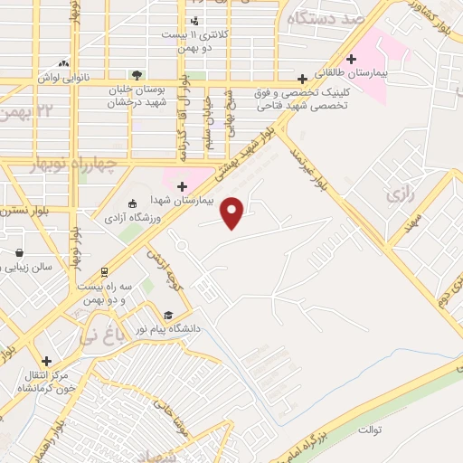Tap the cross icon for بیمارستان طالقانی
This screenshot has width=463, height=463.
coord(350,59)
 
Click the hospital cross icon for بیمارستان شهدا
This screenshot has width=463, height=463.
coord(182,186)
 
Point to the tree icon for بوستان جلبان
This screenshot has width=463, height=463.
coord(136,74)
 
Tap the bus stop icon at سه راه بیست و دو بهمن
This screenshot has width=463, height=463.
coord(104,271)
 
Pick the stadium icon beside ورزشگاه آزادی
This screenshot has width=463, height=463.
coord(132,203)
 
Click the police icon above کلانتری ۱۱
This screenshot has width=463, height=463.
coord(194,20)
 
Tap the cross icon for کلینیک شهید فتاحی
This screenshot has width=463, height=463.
coord(303,79)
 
